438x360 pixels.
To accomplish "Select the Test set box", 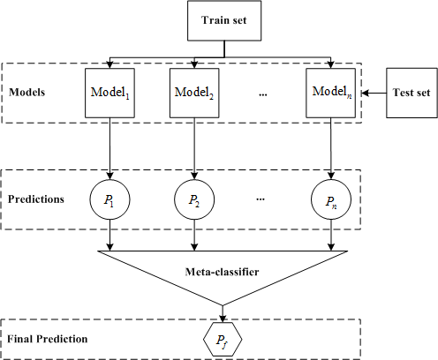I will click(x=411, y=92).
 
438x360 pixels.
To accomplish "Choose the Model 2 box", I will click(x=194, y=92).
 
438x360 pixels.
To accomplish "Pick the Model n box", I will click(x=330, y=92).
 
